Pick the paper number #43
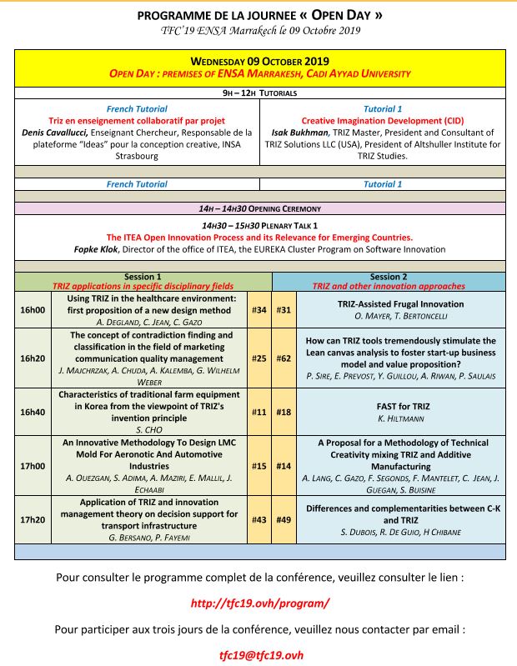click(258, 519)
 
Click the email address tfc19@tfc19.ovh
click(258, 654)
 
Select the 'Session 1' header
click(143, 277)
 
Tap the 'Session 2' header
click(389, 277)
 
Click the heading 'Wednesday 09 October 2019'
click(259, 61)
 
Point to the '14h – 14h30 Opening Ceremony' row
click(259, 208)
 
